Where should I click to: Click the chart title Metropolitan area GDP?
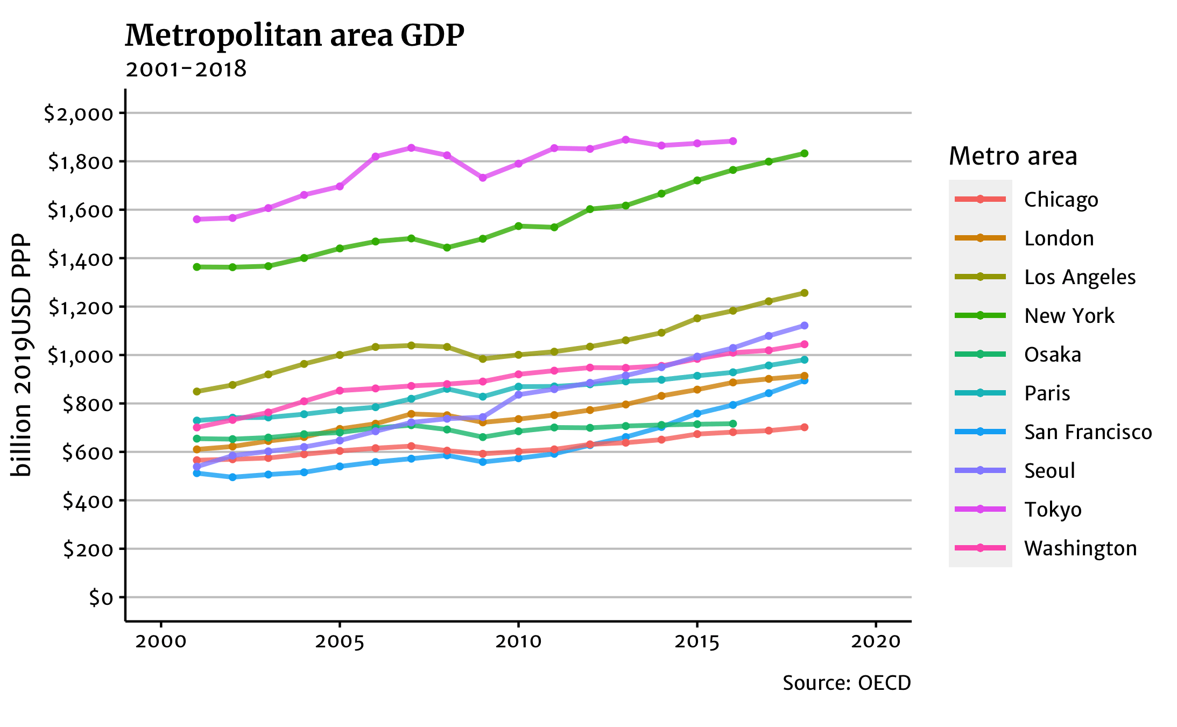coord(294,36)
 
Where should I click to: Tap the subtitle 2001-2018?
coord(186,69)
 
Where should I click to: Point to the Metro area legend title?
coord(1013,156)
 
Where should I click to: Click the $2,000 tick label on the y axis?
coord(79,113)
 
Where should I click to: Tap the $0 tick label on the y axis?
coord(101,597)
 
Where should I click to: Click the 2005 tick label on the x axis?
coord(340,641)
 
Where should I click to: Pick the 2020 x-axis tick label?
coord(876,641)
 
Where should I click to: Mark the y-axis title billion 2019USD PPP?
coord(22,355)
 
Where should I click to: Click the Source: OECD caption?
coord(847,683)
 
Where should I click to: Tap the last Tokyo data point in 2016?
coord(732,141)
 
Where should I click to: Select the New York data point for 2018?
coord(804,153)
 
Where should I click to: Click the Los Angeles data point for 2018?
coord(804,293)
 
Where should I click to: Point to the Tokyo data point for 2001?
coord(196,219)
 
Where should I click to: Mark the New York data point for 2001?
coord(196,267)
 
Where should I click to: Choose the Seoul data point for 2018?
coord(804,326)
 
